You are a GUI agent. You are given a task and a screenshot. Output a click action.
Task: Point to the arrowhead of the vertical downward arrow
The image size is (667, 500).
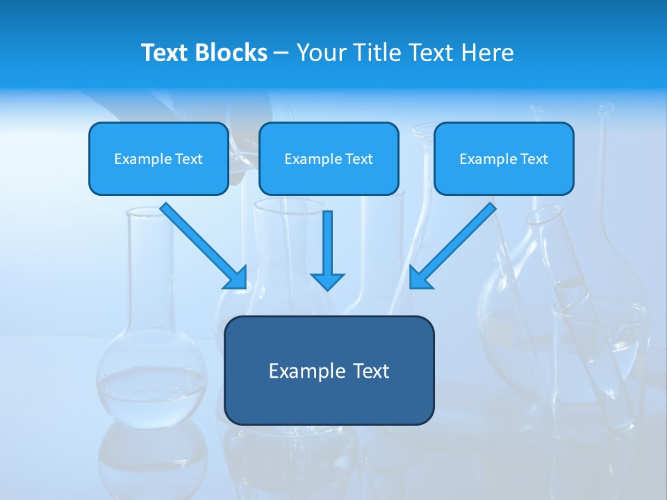click(327, 281)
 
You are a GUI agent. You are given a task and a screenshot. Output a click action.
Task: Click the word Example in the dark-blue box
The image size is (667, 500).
click(297, 371)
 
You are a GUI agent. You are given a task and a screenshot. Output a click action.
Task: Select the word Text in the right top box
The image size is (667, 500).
click(534, 159)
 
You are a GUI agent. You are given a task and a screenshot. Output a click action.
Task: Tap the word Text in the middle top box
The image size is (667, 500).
click(359, 159)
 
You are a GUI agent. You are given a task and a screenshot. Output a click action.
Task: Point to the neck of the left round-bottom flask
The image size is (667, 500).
click(148, 278)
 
